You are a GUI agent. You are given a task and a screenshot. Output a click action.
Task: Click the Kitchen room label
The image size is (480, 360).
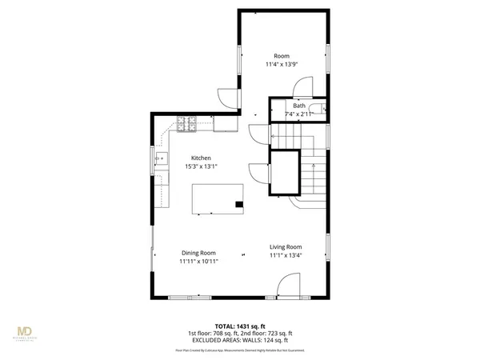(200, 158)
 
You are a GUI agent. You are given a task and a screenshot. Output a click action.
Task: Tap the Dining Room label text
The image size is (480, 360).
(198, 253)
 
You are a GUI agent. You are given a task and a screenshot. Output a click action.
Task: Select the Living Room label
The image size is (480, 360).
(285, 246)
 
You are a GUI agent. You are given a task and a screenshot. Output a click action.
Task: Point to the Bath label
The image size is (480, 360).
(298, 106)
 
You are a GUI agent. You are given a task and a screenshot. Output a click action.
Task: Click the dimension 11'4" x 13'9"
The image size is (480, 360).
(282, 64)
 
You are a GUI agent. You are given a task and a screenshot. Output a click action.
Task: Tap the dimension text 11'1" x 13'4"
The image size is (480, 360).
(285, 255)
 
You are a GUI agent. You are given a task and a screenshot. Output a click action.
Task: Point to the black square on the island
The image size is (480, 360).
(238, 205)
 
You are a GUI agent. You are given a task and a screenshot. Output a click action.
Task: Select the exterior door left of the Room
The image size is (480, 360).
(230, 95)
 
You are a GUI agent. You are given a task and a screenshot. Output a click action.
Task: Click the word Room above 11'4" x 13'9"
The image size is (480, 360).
(282, 56)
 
